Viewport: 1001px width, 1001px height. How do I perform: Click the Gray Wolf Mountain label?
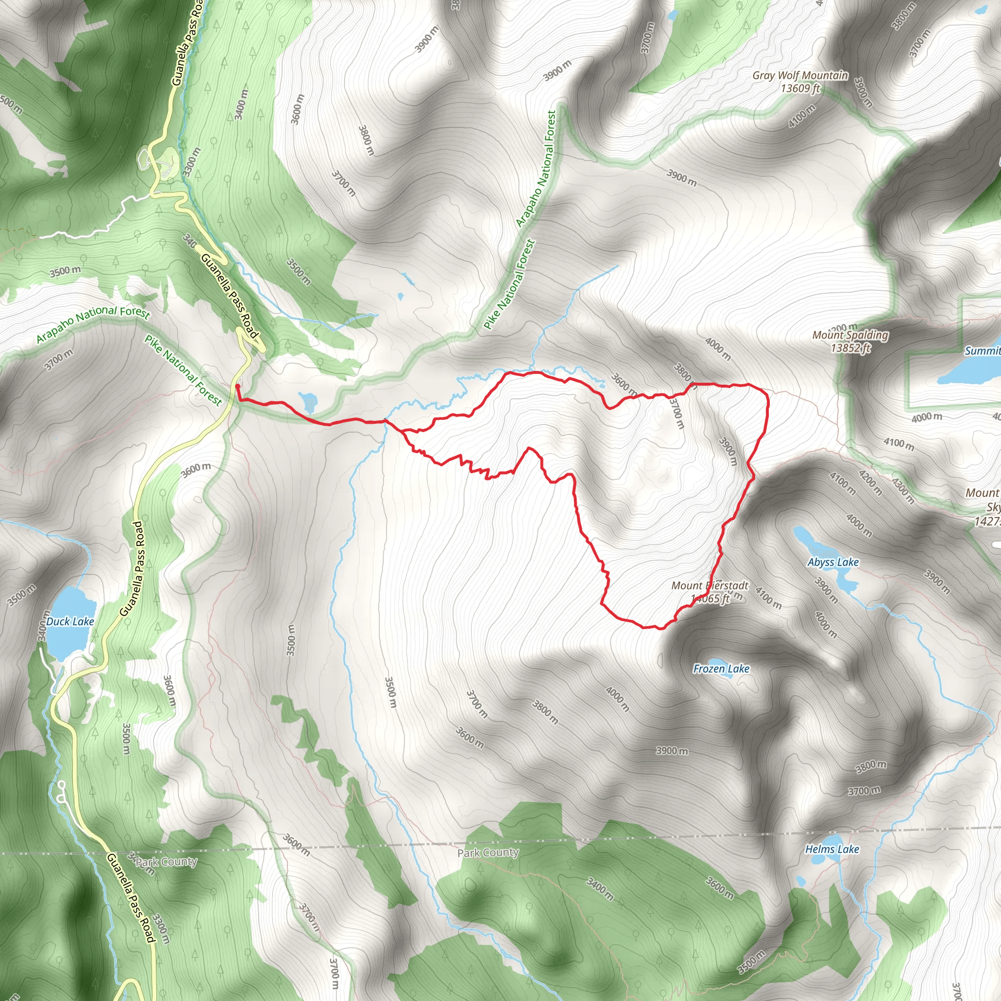(x=800, y=76)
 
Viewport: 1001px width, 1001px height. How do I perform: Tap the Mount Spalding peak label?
(x=850, y=335)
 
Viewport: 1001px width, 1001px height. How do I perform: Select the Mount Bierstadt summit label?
(x=710, y=586)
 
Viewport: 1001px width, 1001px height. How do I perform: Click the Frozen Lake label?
(x=721, y=669)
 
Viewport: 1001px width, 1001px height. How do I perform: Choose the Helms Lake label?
(x=831, y=849)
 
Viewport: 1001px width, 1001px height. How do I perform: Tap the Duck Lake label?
(x=70, y=621)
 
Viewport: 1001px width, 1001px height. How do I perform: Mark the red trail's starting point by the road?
(x=237, y=386)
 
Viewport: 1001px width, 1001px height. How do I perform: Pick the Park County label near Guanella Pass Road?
(x=166, y=862)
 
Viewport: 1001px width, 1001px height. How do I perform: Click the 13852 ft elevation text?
(x=850, y=348)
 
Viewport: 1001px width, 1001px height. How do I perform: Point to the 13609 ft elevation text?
(x=800, y=88)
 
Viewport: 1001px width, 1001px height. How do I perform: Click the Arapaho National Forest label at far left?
(x=93, y=323)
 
